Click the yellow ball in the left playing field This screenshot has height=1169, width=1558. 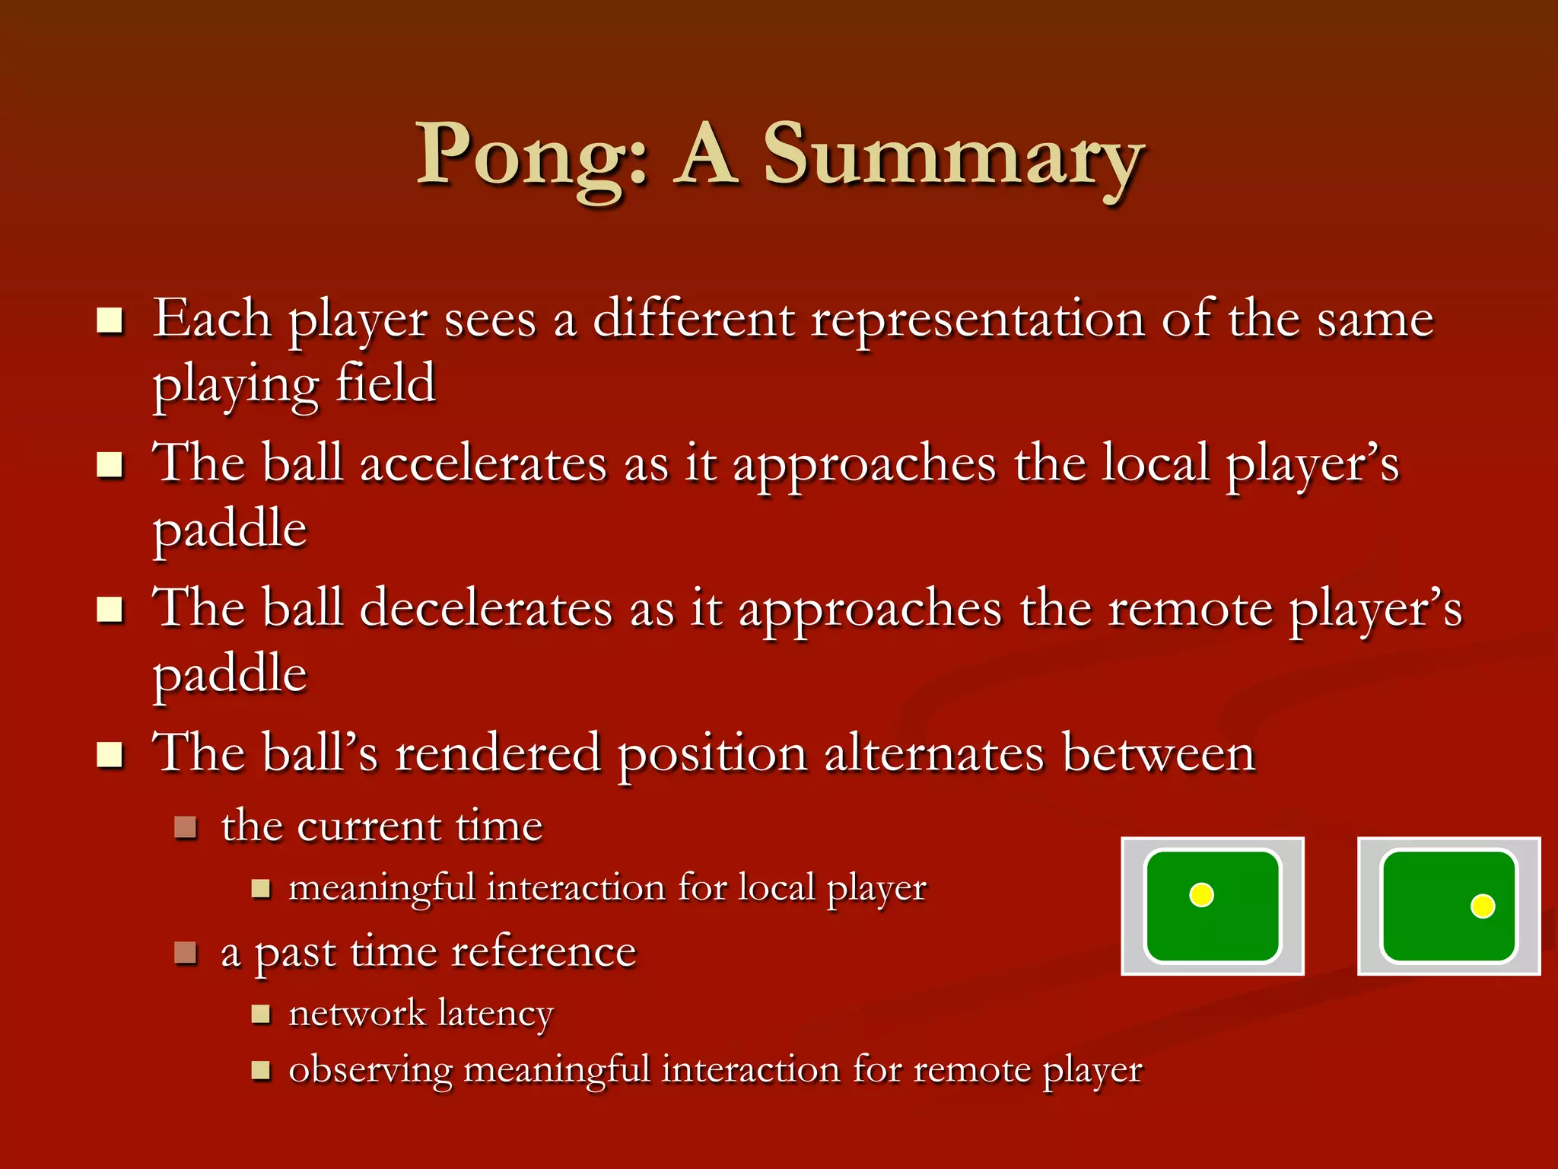point(1201,895)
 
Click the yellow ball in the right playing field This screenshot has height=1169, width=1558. point(1483,906)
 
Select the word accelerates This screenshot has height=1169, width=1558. point(483,463)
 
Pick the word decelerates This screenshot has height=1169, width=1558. point(485,609)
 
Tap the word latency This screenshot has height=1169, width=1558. point(495,1014)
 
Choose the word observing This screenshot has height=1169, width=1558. point(370,1070)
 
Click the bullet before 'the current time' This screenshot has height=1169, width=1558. point(186,827)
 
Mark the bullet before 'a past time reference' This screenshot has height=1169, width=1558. point(186,952)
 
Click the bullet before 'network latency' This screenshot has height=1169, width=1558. point(261,1014)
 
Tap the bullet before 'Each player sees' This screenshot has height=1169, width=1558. point(110,321)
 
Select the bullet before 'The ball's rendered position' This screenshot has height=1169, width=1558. point(110,755)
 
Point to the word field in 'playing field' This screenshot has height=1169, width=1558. point(386,383)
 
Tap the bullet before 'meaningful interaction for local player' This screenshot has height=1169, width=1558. point(261,888)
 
